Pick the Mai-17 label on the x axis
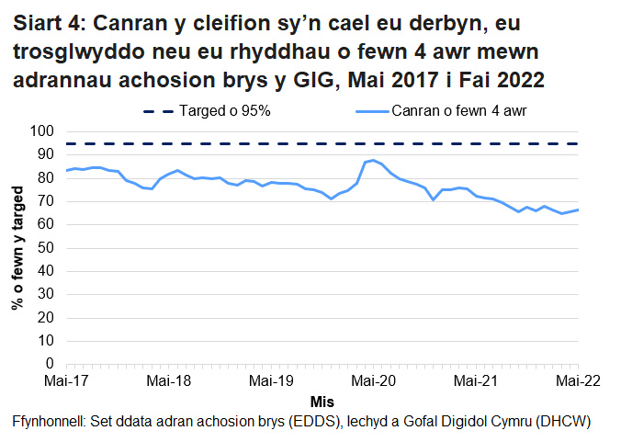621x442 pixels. point(66,380)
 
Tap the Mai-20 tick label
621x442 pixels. point(373,380)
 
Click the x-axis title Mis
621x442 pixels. point(322,402)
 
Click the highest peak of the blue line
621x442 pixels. point(373,161)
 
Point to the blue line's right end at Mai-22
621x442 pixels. point(578,210)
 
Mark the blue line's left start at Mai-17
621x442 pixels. point(66,170)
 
